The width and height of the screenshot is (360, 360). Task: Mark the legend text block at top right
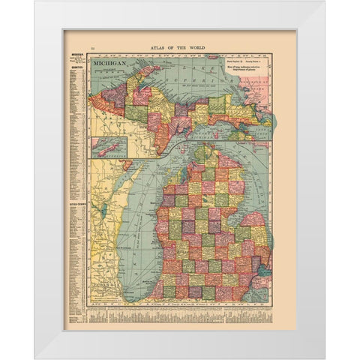244,67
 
